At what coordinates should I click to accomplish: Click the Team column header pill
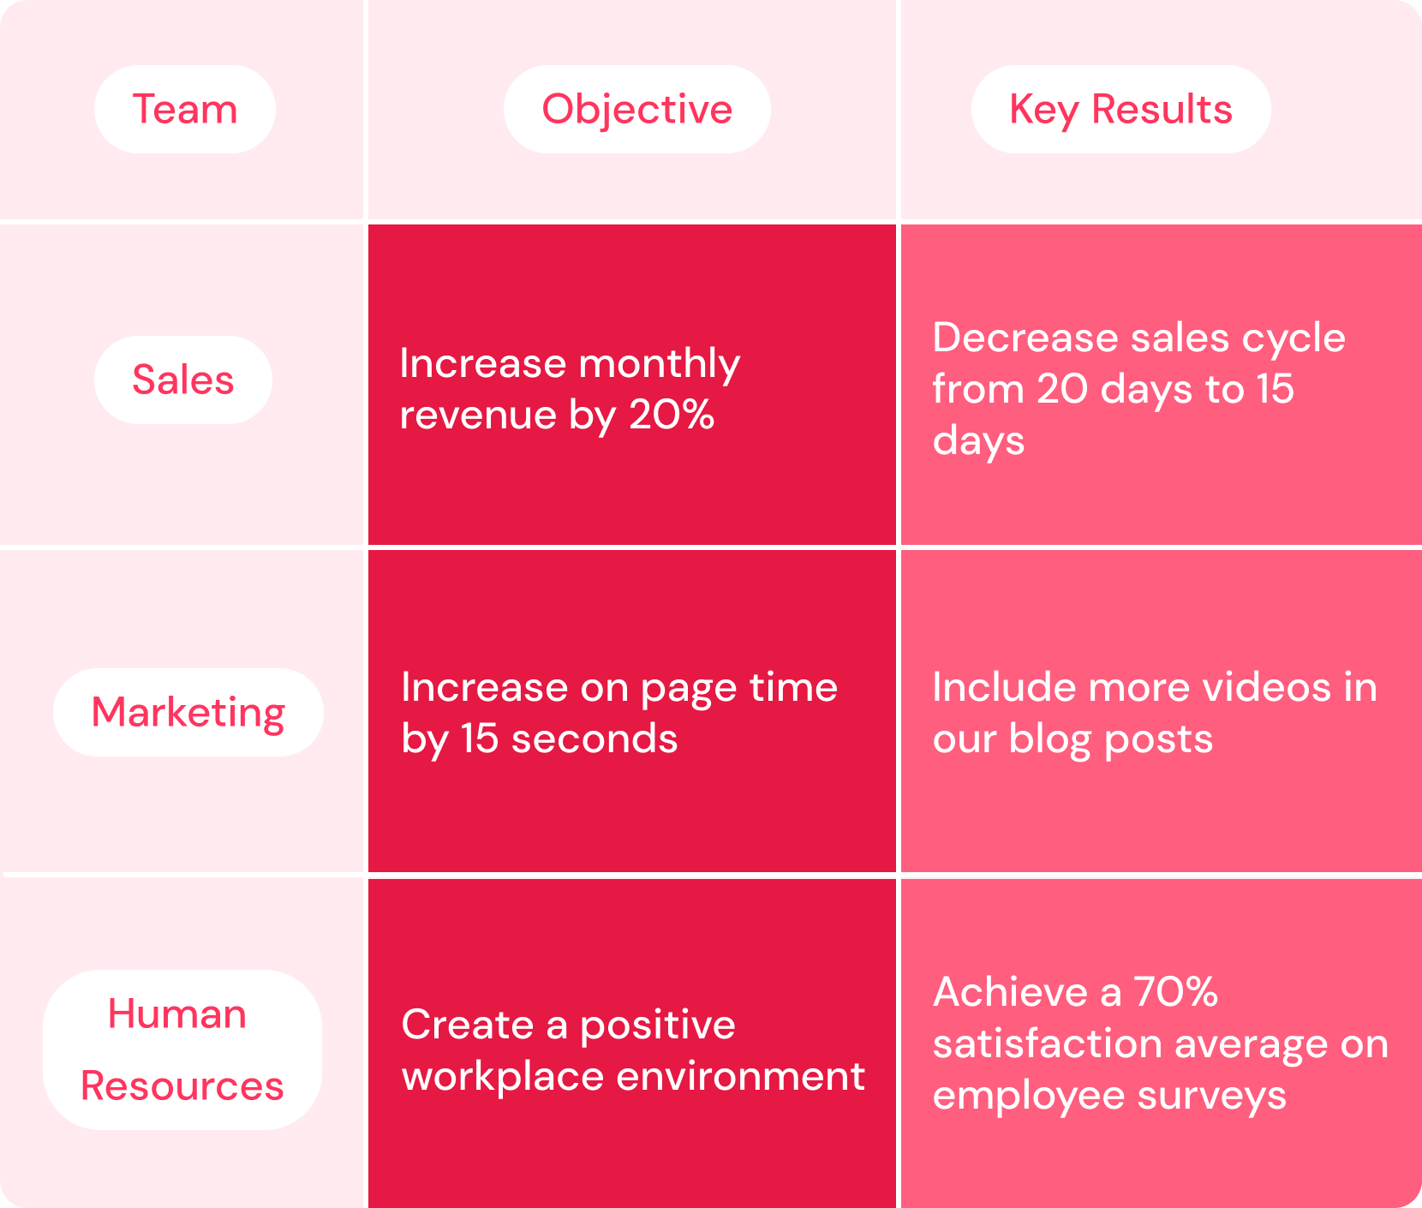tap(184, 110)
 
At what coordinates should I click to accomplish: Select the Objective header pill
tap(636, 110)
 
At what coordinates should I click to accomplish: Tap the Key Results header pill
tap(1120, 110)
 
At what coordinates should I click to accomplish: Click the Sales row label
tap(182, 380)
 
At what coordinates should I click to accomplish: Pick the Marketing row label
tap(188, 712)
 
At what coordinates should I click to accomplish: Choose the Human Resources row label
tap(182, 1050)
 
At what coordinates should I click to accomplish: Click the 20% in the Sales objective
tap(672, 416)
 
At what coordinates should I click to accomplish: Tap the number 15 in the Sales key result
tap(1276, 389)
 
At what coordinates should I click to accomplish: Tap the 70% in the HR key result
tap(1175, 992)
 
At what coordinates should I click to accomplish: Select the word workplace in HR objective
tap(503, 1077)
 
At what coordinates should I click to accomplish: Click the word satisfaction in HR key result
tap(1047, 1044)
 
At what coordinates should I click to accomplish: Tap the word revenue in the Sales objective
tap(478, 416)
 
